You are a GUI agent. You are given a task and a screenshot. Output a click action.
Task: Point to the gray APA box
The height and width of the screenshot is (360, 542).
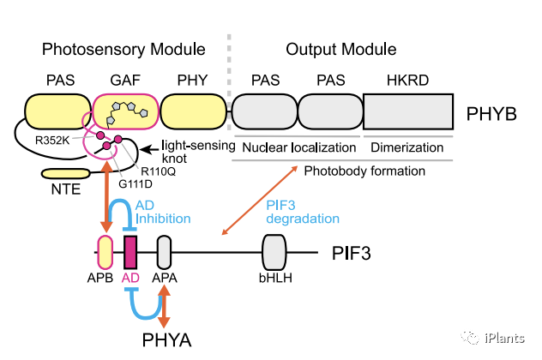(x=165, y=253)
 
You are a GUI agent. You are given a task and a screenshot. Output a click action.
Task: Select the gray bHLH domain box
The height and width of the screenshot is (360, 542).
(x=274, y=253)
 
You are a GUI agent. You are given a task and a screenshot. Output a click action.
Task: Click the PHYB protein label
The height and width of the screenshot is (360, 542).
(x=494, y=113)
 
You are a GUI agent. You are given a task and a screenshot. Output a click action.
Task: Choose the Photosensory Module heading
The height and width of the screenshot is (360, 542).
(x=123, y=49)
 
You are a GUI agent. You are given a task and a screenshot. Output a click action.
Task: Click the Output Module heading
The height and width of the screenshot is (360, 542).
(x=340, y=49)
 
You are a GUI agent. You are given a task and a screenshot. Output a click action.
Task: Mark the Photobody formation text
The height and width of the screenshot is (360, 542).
(x=364, y=171)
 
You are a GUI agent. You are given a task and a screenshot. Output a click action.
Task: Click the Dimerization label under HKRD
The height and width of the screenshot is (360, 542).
(x=406, y=147)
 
